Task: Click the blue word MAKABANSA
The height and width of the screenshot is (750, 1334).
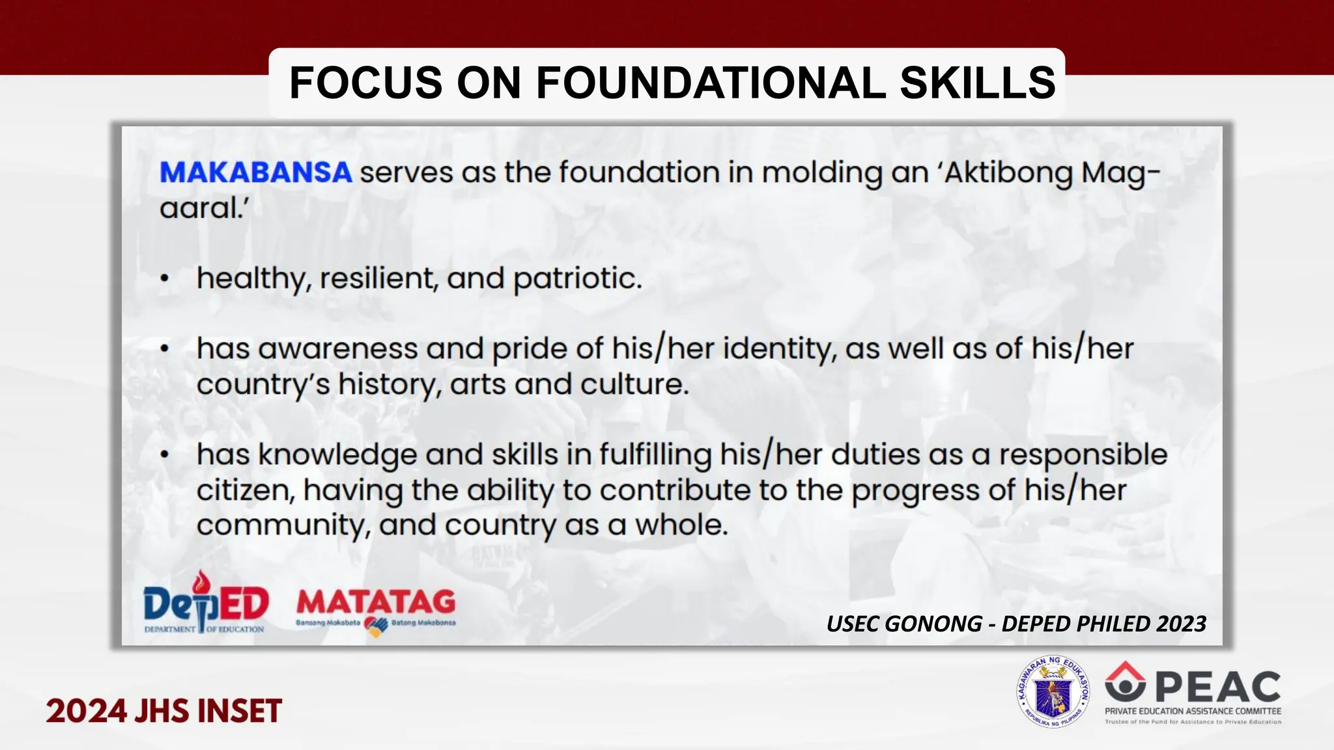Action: coord(255,173)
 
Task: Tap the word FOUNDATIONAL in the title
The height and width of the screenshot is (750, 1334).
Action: coord(710,83)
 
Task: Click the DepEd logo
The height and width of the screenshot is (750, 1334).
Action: coord(205,603)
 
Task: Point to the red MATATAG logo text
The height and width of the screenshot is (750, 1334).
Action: coord(376,602)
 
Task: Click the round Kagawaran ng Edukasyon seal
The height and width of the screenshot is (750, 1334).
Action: coord(1053,691)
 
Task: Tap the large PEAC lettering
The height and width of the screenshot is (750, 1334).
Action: coord(1218,687)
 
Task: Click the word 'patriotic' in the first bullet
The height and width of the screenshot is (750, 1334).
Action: coord(577,279)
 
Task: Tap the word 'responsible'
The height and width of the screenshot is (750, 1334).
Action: coord(1083,454)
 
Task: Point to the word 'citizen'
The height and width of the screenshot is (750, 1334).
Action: coord(245,490)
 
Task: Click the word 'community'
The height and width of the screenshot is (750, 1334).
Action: coord(283,525)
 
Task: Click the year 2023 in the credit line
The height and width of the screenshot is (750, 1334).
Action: coord(1180,624)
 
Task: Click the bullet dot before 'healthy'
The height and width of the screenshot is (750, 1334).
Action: coord(165,279)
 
